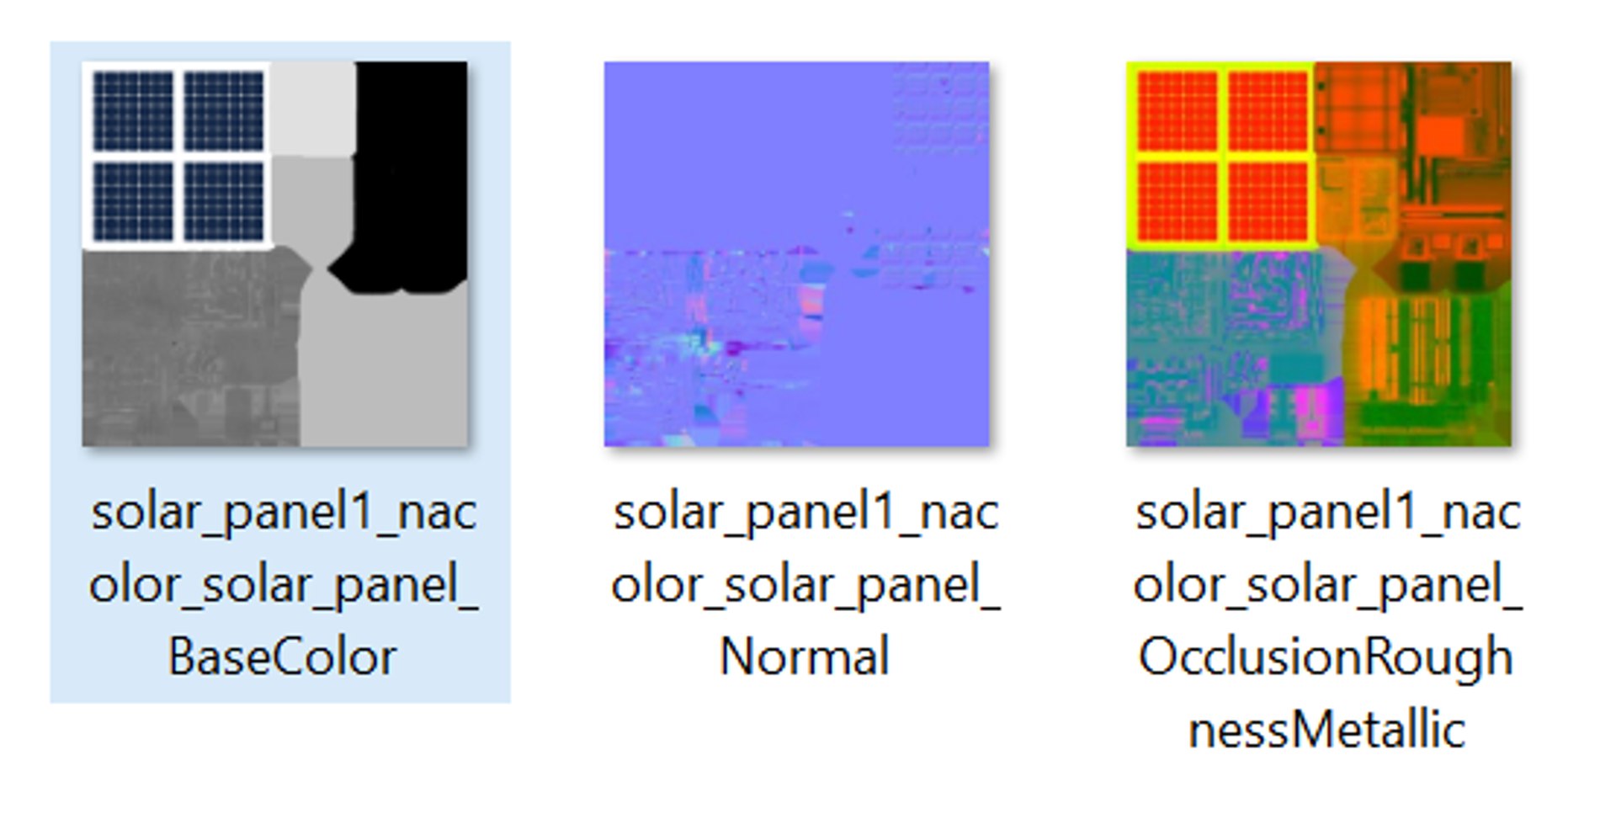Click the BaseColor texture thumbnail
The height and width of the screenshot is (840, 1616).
[x=274, y=253]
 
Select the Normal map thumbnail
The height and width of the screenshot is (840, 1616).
[x=796, y=253]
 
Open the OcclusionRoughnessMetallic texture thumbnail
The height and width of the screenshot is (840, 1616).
[x=1318, y=253]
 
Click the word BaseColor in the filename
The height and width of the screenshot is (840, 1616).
[x=282, y=657]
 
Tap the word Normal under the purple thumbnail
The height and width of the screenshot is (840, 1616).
[x=804, y=657]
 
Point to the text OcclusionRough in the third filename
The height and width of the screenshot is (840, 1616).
[x=1326, y=657]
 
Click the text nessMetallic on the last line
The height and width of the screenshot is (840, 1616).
[x=1326, y=730]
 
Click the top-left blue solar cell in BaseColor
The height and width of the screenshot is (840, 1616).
[x=133, y=111]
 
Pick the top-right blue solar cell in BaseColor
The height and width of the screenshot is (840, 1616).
[x=224, y=111]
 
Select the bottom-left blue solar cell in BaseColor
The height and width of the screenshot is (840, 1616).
[x=133, y=201]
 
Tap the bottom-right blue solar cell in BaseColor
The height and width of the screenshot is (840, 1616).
[x=224, y=201]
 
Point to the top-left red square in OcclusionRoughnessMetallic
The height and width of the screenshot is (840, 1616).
[x=1177, y=111]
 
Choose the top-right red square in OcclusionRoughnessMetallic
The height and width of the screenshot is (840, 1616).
[x=1268, y=111]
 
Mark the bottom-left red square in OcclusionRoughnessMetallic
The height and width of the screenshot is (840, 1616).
[x=1177, y=201]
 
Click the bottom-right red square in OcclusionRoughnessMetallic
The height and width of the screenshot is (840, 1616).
[x=1268, y=201]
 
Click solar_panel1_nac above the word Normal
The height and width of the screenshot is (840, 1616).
[x=805, y=512]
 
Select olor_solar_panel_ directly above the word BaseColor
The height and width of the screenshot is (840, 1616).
[x=284, y=585]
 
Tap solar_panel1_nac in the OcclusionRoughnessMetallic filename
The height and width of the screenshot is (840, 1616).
[x=1327, y=512]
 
